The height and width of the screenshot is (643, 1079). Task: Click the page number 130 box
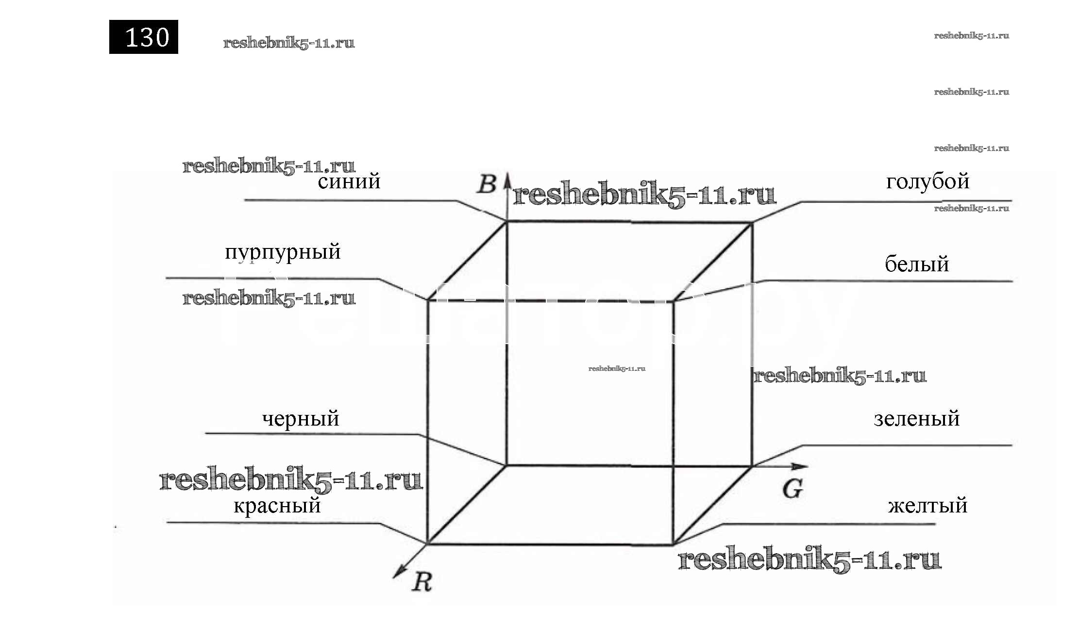[143, 37]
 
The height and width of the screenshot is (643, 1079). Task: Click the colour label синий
[349, 181]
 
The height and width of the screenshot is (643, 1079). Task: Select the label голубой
[927, 182]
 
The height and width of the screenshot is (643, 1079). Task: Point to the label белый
[916, 264]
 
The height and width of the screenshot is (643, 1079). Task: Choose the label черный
[301, 419]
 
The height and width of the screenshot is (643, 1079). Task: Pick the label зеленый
[916, 419]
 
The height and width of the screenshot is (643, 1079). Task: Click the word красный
[277, 506]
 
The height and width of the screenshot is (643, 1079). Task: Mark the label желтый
[927, 506]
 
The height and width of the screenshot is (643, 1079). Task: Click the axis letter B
[487, 184]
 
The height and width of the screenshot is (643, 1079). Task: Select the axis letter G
[792, 489]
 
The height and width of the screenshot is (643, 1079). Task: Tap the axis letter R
[421, 582]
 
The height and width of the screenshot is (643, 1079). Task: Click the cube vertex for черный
[506, 465]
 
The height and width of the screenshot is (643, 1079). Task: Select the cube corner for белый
[673, 301]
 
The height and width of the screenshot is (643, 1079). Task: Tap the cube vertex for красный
[427, 544]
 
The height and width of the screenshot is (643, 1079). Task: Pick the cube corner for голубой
[752, 223]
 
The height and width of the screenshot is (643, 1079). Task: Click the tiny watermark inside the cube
[617, 369]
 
